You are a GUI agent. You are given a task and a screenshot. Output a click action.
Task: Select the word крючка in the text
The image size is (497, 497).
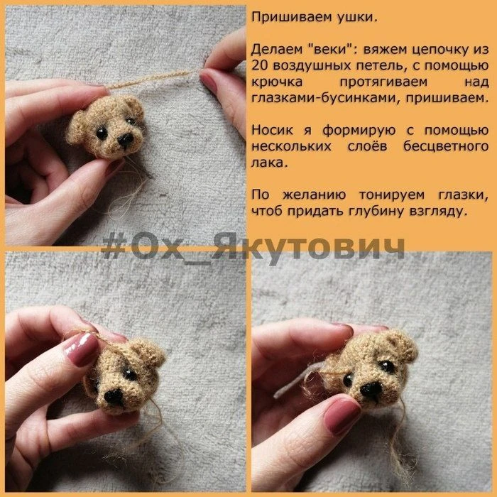(x=277, y=82)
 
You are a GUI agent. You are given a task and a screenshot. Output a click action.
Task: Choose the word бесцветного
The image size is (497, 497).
(x=446, y=146)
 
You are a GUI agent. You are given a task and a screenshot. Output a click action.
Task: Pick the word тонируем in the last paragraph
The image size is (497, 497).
(x=391, y=195)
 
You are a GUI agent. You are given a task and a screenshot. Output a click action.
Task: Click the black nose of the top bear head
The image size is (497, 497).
(x=126, y=139)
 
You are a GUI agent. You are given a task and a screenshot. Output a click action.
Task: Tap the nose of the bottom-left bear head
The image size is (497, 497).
(x=114, y=396)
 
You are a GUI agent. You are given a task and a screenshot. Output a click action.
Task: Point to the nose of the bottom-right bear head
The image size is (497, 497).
(x=371, y=389)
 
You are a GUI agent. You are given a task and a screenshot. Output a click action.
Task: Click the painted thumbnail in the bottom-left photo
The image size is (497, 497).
(x=82, y=349)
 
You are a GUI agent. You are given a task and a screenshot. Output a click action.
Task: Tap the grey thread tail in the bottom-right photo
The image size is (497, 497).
(x=297, y=381)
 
